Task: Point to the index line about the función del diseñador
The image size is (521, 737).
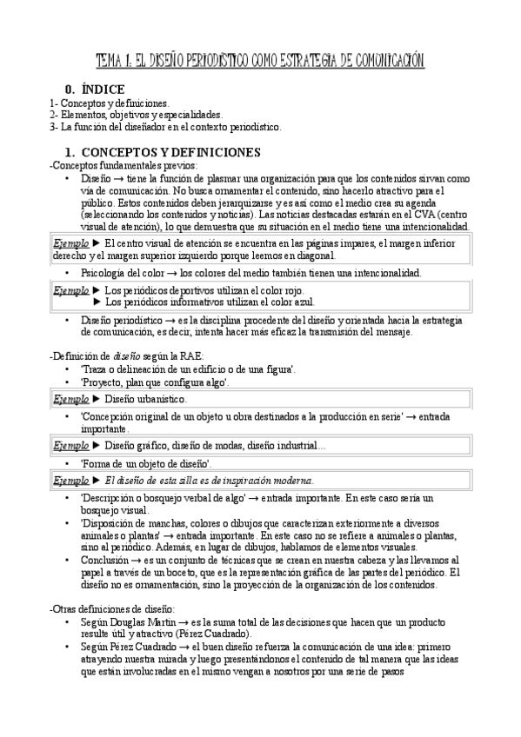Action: click(x=165, y=127)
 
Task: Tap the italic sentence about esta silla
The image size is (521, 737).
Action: click(x=209, y=481)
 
